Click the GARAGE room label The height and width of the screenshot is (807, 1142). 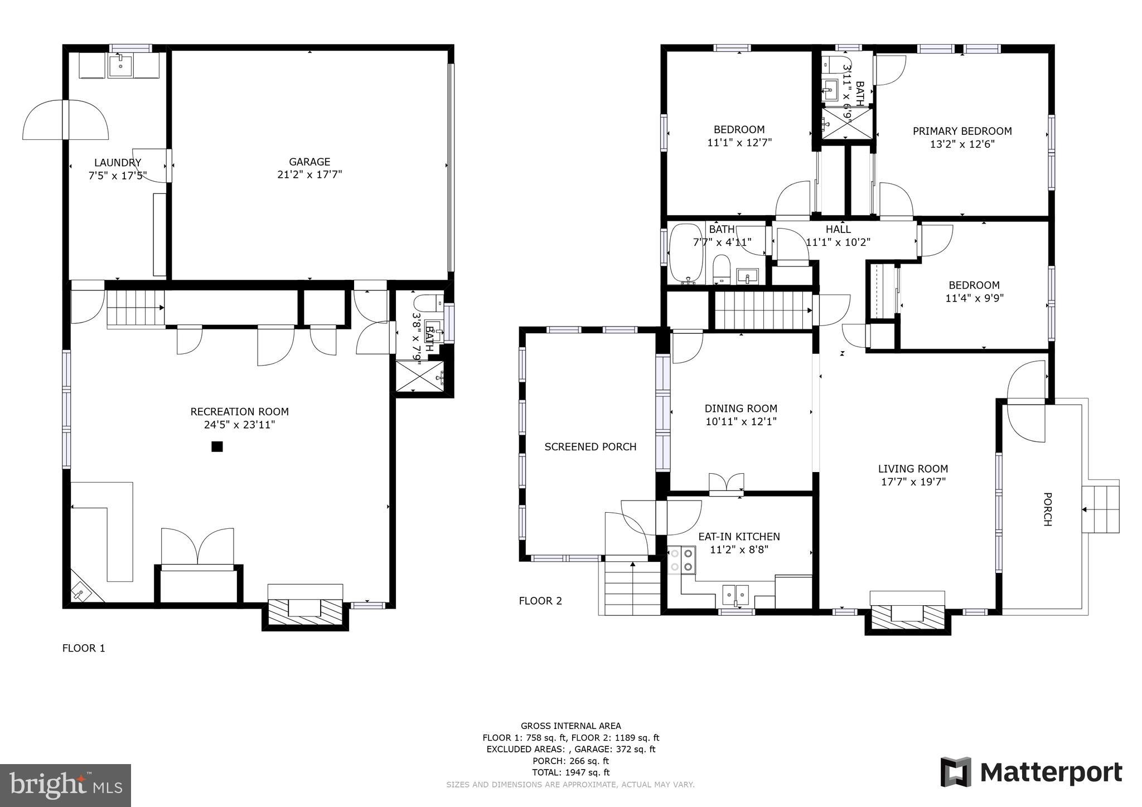pos(309,162)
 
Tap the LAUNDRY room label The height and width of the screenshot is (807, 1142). pos(118,163)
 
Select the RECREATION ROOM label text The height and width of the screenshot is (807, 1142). pos(239,412)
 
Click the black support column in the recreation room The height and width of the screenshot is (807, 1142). pos(217,446)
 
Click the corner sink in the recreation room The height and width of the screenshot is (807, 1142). pos(82,592)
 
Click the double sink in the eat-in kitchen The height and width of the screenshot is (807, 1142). pos(735,596)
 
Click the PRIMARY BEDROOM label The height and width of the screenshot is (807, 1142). pos(962,131)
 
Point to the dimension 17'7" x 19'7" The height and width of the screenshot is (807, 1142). pos(913,482)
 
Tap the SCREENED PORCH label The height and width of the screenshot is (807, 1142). pos(590,446)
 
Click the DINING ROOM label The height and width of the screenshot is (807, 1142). pos(741,409)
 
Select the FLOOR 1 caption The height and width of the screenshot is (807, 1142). pos(84,648)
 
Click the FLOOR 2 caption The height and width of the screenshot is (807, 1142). pos(540,601)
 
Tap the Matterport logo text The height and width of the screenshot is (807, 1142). pos(1051,773)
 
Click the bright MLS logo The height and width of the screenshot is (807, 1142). pos(65,785)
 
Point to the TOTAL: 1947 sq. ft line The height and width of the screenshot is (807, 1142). pos(570,772)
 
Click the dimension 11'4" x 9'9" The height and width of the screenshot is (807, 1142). pos(974,298)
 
